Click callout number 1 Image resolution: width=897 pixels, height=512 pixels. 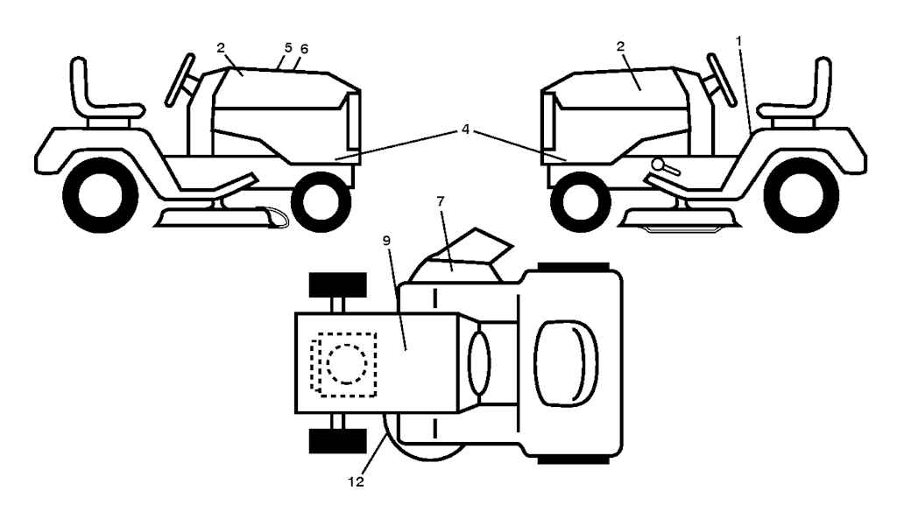tap(738, 41)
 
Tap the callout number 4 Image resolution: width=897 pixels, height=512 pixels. tap(466, 130)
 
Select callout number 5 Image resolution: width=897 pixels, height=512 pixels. tap(288, 47)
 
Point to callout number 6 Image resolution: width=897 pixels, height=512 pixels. tap(304, 49)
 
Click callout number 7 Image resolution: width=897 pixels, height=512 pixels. tap(440, 201)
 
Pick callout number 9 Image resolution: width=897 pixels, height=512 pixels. tap(386, 241)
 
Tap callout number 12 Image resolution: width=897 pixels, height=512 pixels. tap(356, 481)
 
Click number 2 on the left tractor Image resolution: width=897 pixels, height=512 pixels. tap(222, 47)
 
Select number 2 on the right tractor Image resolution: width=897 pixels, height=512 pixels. tap(621, 46)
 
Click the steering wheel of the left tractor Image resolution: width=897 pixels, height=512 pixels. tap(180, 80)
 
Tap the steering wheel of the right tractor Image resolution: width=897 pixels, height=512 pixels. tap(722, 80)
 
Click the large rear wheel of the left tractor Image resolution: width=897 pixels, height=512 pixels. tap(100, 195)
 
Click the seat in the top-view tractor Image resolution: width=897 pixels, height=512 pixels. tap(565, 363)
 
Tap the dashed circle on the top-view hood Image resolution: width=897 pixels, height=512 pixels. tap(347, 364)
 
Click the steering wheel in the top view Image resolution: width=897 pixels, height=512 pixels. tap(479, 363)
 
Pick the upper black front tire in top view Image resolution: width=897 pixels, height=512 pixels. tap(337, 284)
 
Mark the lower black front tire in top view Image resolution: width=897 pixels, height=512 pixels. tap(337, 440)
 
